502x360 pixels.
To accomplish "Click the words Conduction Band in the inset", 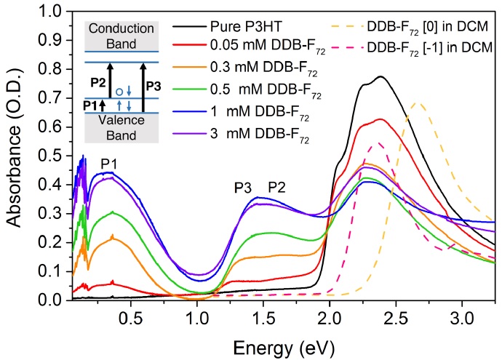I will [126, 35].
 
